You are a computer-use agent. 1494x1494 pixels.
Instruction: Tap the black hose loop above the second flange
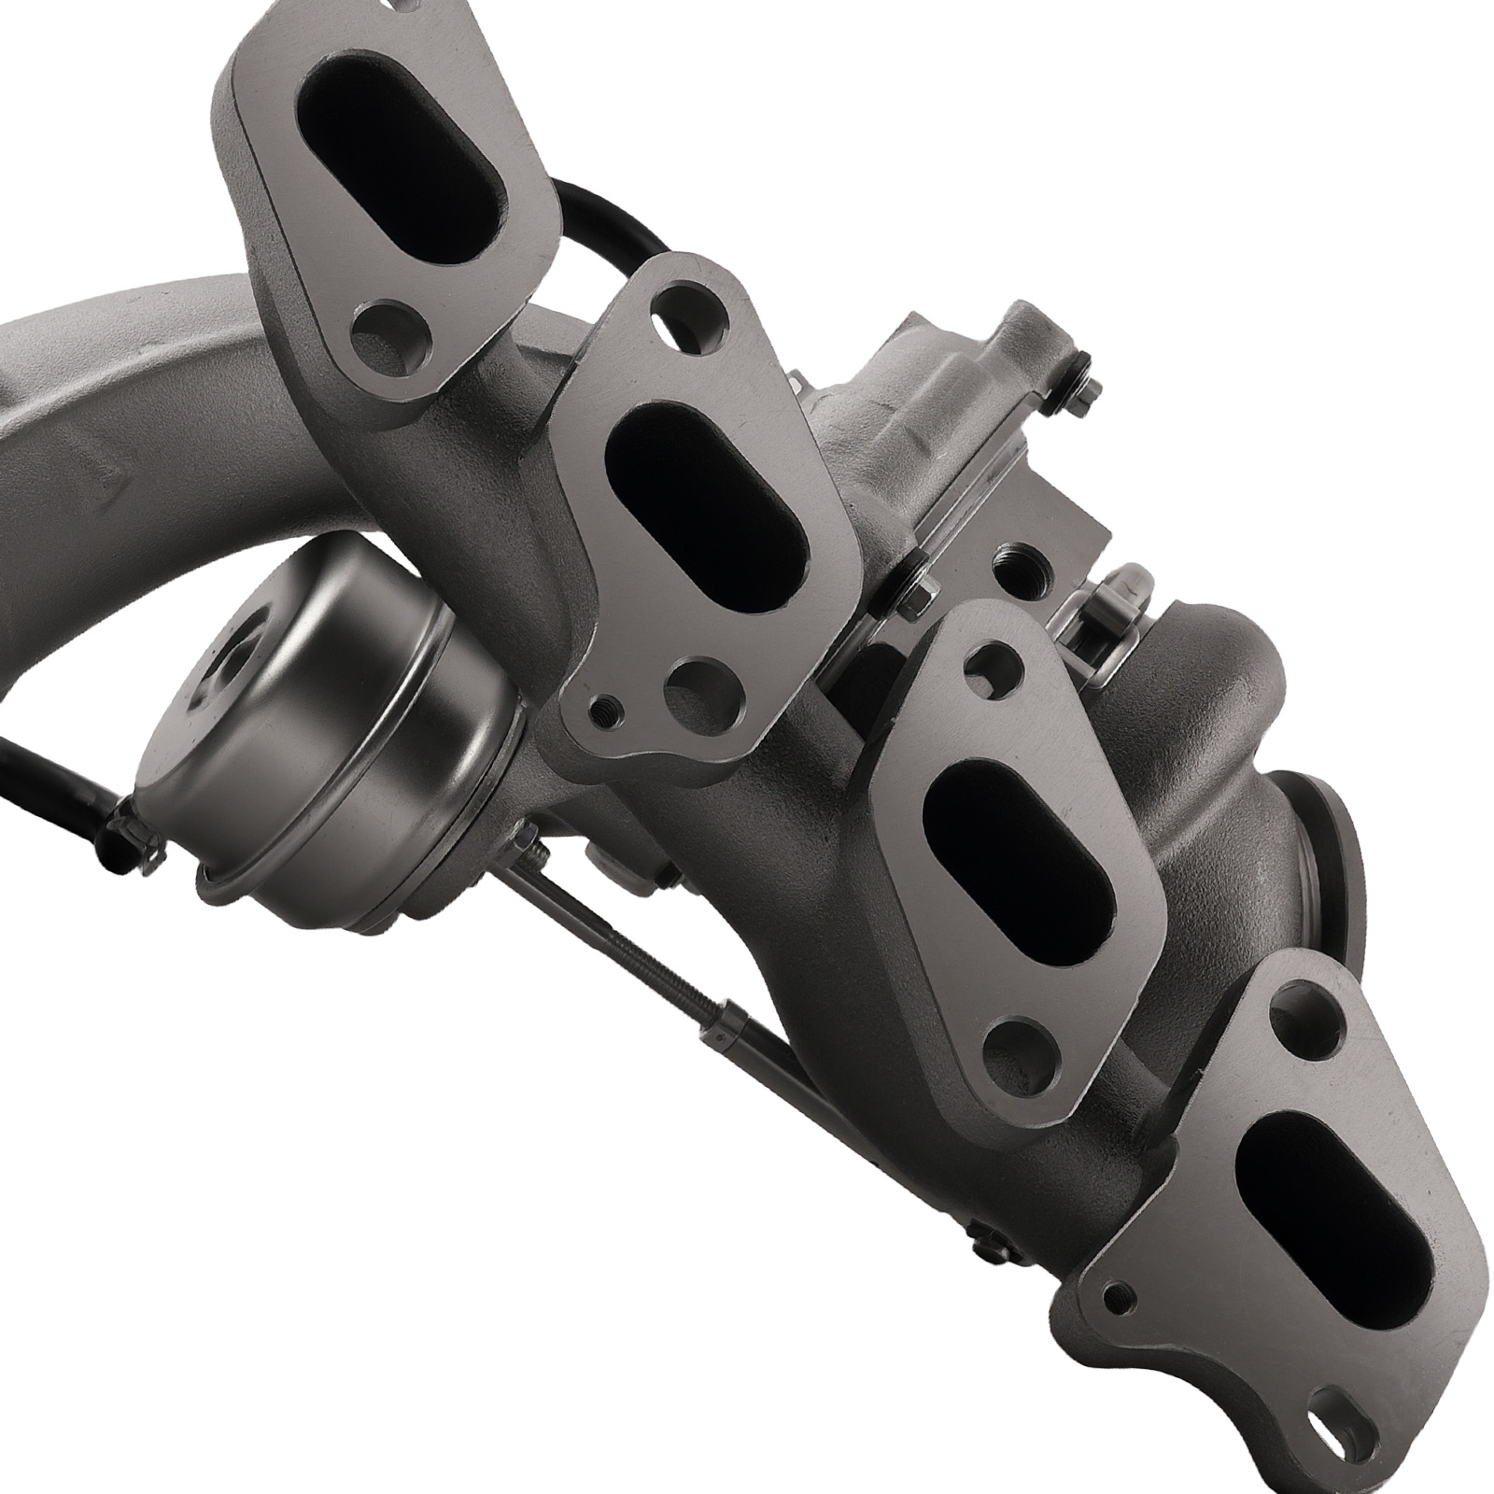598,224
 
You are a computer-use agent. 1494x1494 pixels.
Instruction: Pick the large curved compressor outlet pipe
140,439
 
